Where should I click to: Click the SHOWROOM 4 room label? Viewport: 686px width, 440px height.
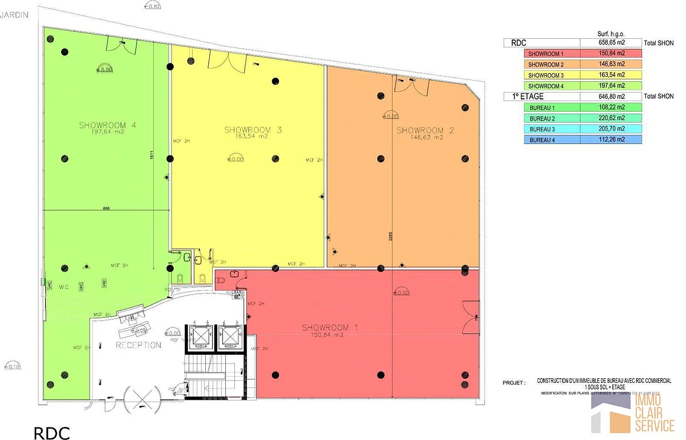tap(107, 126)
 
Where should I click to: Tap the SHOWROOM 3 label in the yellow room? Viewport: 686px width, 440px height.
tap(253, 130)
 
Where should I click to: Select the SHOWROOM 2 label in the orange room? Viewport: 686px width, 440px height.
tap(425, 131)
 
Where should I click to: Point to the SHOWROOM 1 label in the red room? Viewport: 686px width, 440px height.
tap(330, 327)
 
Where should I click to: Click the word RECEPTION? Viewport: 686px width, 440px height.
tap(138, 345)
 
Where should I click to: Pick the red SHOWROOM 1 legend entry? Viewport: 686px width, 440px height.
tap(552, 54)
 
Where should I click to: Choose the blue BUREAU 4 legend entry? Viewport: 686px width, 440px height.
tap(552, 139)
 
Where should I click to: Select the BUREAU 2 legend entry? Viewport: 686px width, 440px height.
tap(552, 118)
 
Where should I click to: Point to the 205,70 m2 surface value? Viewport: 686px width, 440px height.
tap(611, 129)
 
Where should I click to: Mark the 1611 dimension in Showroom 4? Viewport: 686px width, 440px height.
tap(152, 161)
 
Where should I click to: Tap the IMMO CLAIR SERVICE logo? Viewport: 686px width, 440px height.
tap(632, 413)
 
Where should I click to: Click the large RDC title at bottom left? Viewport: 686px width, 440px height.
tap(51, 433)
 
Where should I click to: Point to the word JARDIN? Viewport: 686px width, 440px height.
tap(15, 15)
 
